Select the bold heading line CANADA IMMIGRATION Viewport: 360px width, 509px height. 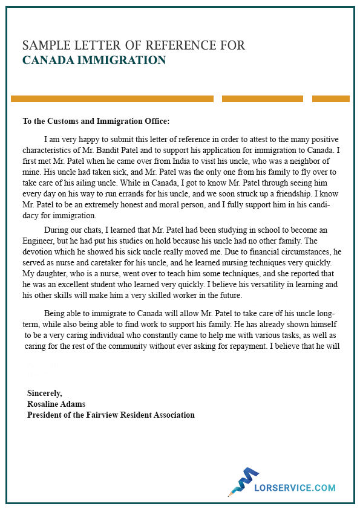coord(94,60)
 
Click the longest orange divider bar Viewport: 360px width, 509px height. coord(112,99)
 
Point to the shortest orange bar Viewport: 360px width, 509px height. coord(330,99)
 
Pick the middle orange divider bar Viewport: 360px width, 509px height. coord(262,99)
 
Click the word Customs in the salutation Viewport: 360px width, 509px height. coord(73,121)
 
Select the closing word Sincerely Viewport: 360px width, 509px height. coord(44,393)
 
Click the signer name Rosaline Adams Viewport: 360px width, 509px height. coord(56,404)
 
